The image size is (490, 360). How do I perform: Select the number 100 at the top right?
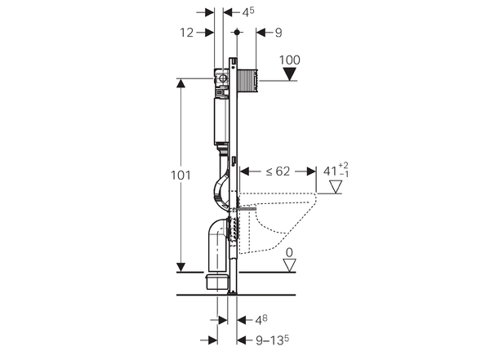coord(290,59)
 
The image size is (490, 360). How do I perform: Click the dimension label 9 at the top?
coord(278,33)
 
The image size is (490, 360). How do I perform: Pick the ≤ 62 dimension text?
coord(278,171)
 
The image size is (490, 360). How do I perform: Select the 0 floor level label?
coord(289,253)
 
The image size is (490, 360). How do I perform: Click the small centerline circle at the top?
coord(236,33)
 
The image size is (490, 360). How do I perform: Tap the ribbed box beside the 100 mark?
coord(247,79)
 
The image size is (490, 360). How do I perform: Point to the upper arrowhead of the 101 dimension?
coord(180,82)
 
